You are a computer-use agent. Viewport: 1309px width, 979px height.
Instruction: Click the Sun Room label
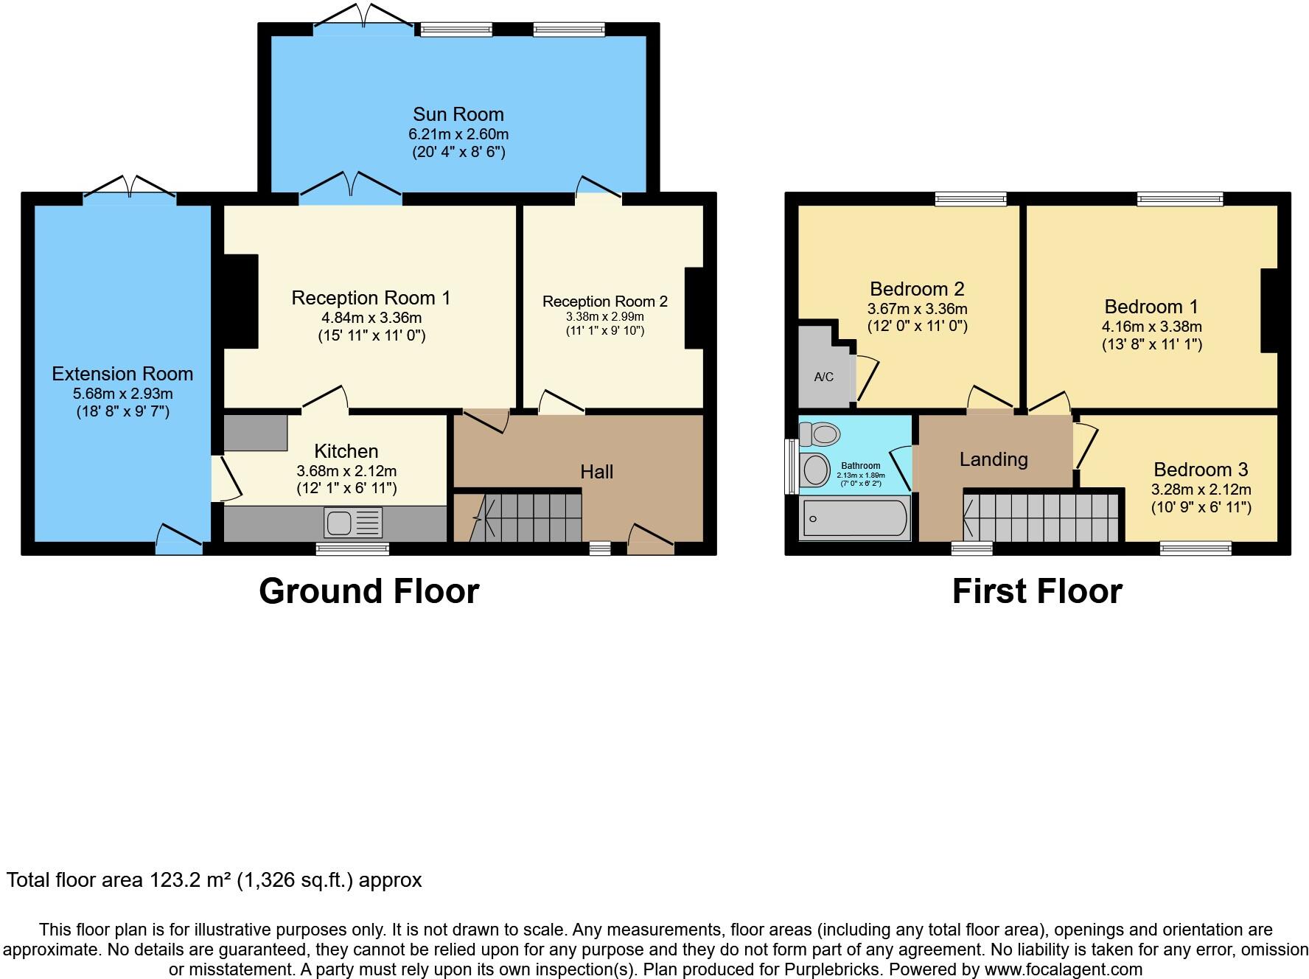tap(458, 114)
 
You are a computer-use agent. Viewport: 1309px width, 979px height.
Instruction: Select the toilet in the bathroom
tap(820, 433)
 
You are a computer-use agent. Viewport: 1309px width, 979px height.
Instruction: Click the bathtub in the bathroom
tap(855, 519)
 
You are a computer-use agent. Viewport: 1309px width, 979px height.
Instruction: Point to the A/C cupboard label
tap(823, 377)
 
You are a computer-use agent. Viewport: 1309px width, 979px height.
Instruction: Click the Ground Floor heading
tap(369, 591)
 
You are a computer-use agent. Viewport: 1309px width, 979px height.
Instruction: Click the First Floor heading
tap(1036, 591)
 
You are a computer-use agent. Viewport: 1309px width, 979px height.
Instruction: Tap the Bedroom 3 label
tap(1201, 470)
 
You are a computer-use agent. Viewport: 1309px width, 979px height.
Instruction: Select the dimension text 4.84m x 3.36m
tap(371, 318)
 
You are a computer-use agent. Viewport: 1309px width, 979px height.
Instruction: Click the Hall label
tap(596, 472)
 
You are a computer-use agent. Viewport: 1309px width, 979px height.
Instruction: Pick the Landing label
tap(993, 460)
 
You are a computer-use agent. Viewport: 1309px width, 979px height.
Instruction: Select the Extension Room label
tap(122, 374)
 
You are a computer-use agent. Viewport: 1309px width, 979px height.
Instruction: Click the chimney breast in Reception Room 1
tap(240, 301)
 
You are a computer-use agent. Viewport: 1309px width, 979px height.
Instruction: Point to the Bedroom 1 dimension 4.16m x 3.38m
tap(1151, 327)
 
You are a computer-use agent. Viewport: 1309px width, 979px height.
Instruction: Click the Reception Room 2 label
tap(604, 302)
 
